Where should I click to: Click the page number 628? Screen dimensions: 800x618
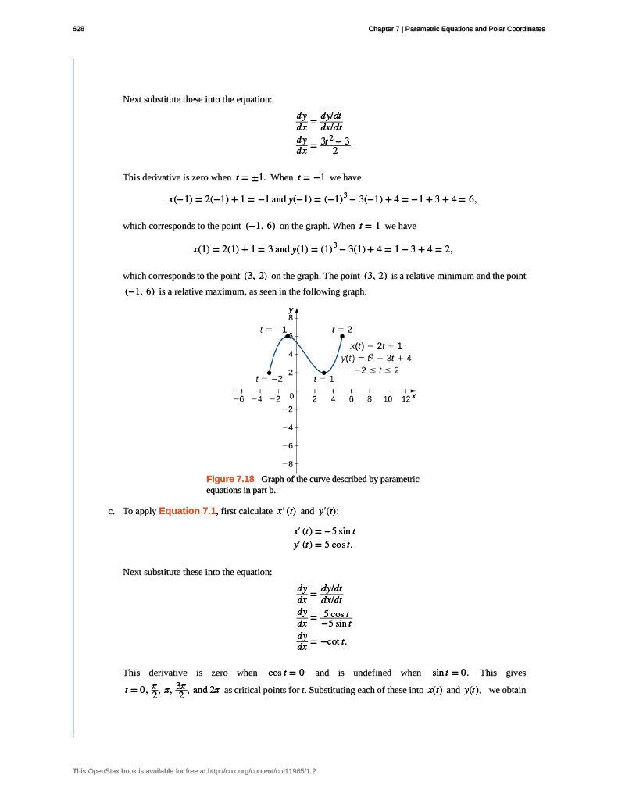pyautogui.click(x=78, y=29)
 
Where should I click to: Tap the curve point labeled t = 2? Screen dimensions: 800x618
pyautogui.click(x=342, y=336)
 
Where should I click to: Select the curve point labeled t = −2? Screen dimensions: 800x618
pyautogui.click(x=269, y=373)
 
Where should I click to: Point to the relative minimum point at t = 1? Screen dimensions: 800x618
pyautogui.click(x=324, y=373)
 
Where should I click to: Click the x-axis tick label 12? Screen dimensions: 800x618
pyautogui.click(x=405, y=399)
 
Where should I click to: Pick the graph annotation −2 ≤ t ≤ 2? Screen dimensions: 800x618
pyautogui.click(x=377, y=370)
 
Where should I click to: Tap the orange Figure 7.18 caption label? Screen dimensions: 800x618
pyautogui.click(x=230, y=479)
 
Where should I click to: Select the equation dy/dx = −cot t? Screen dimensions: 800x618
pyautogui.click(x=321, y=642)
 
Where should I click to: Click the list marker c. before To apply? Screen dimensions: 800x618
pyautogui.click(x=112, y=512)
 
